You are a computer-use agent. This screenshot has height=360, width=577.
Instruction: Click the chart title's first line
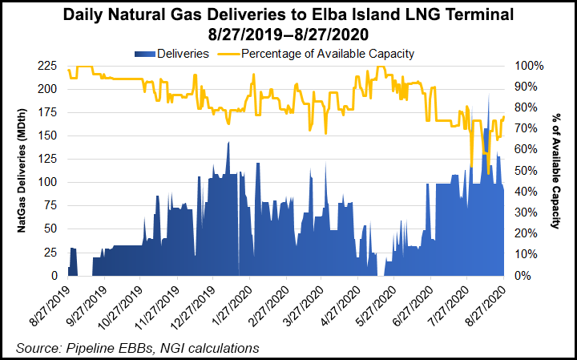(288, 14)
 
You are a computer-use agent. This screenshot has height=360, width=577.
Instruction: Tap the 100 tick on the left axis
(48, 182)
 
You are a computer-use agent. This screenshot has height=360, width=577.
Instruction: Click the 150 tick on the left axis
(48, 136)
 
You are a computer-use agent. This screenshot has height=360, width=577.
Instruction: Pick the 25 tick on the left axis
(51, 253)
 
